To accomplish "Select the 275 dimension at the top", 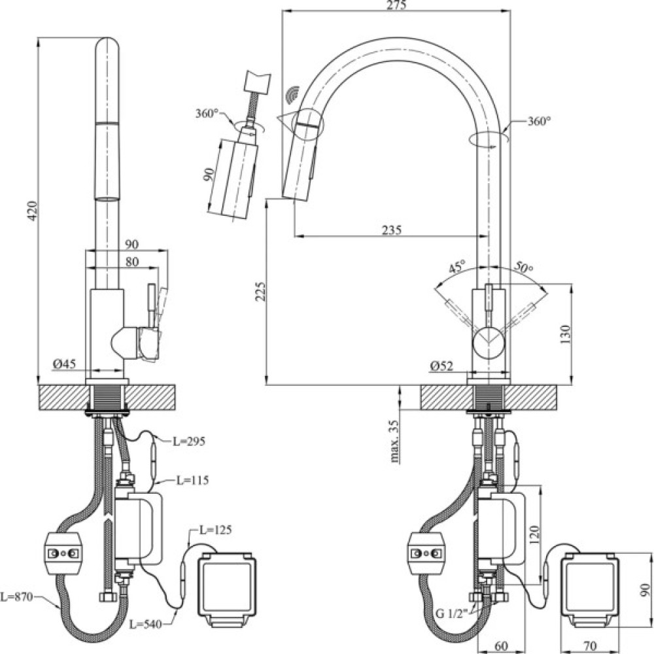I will [397, 6].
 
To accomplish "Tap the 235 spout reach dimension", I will [392, 230].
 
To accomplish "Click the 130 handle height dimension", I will [566, 334].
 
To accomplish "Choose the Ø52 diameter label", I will [443, 366].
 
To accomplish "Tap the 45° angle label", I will [456, 267].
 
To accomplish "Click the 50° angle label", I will [524, 267].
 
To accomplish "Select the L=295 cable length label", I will [190, 441].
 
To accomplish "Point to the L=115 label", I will [192, 481].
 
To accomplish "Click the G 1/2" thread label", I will [451, 613].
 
